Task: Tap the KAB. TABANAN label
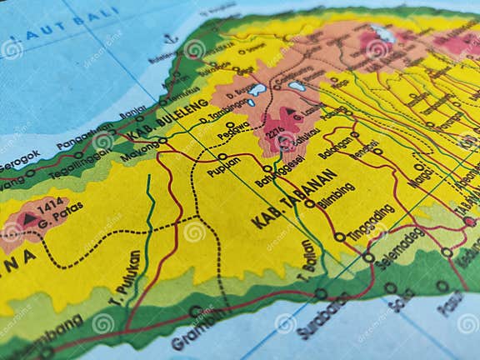[293, 200]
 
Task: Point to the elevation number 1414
[50, 202]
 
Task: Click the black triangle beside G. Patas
[30, 218]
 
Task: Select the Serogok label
[20, 158]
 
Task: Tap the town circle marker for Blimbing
[310, 203]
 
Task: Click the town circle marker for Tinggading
[340, 237]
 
